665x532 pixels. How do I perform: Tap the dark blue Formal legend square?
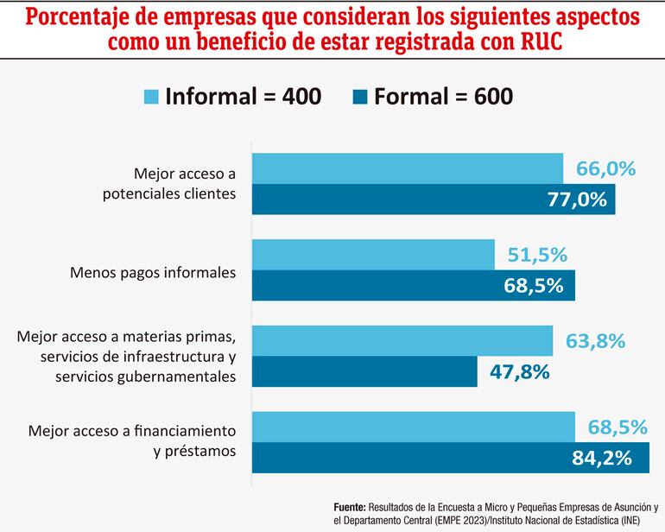coord(359,97)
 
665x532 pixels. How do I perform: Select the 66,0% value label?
coord(605,168)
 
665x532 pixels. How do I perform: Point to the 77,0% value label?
coord(578,199)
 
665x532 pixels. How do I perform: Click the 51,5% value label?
coord(537,255)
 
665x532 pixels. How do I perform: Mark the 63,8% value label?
coord(595,341)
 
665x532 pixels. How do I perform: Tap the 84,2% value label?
coord(608,459)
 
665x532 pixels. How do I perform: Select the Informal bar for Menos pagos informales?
coord(373,255)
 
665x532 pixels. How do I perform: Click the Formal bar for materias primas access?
coord(364,372)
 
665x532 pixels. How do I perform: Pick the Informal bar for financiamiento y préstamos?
coord(413,427)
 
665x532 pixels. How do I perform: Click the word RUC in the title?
coord(534,42)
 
